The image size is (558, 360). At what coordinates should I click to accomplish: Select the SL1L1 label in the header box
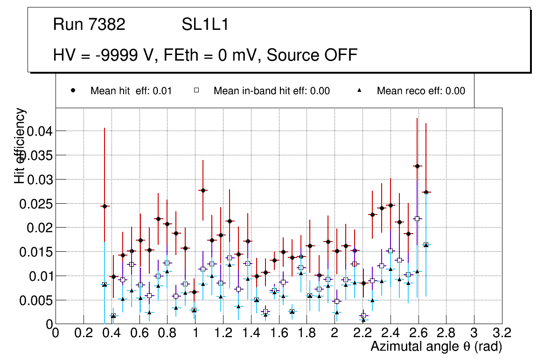(x=205, y=25)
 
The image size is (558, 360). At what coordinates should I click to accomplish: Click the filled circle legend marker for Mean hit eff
(x=73, y=91)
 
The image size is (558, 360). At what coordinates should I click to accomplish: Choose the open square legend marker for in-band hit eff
(x=196, y=91)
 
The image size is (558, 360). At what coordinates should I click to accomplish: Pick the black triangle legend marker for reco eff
(x=360, y=91)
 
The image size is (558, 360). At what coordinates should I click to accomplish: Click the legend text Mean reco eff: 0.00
(x=421, y=91)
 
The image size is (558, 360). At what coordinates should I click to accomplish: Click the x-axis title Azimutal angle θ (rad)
(x=436, y=346)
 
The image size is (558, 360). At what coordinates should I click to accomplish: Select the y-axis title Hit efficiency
(x=20, y=145)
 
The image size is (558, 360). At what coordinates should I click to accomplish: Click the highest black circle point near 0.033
(x=417, y=166)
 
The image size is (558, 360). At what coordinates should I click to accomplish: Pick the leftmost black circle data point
(x=105, y=206)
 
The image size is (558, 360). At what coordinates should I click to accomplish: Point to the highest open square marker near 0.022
(x=417, y=218)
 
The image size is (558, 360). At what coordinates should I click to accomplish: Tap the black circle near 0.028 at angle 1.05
(x=202, y=190)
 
